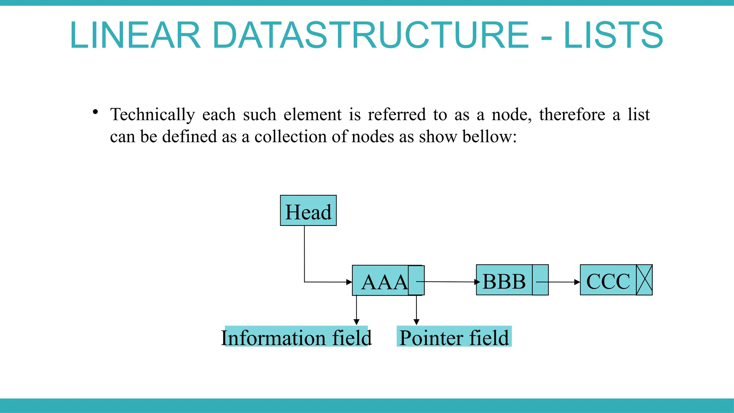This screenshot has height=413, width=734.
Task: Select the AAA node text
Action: point(384,282)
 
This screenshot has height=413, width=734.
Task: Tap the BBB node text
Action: point(504,281)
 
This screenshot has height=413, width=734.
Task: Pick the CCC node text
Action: point(608,281)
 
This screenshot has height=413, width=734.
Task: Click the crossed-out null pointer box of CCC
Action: point(644,280)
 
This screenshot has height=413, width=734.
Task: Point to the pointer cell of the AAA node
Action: point(416,280)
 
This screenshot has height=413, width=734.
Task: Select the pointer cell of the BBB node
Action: point(540,280)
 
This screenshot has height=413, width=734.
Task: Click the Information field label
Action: point(296,337)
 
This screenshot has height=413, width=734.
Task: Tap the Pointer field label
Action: point(454,337)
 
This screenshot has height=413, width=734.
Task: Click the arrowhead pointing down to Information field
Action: point(356,322)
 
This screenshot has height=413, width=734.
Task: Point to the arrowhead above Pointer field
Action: point(416,322)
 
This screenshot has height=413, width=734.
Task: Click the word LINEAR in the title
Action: point(135,35)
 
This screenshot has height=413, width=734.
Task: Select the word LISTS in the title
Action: point(613,35)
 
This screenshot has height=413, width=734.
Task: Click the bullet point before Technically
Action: point(95,112)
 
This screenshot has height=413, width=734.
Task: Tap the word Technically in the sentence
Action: point(152,115)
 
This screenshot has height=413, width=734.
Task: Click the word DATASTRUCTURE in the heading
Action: point(371,35)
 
